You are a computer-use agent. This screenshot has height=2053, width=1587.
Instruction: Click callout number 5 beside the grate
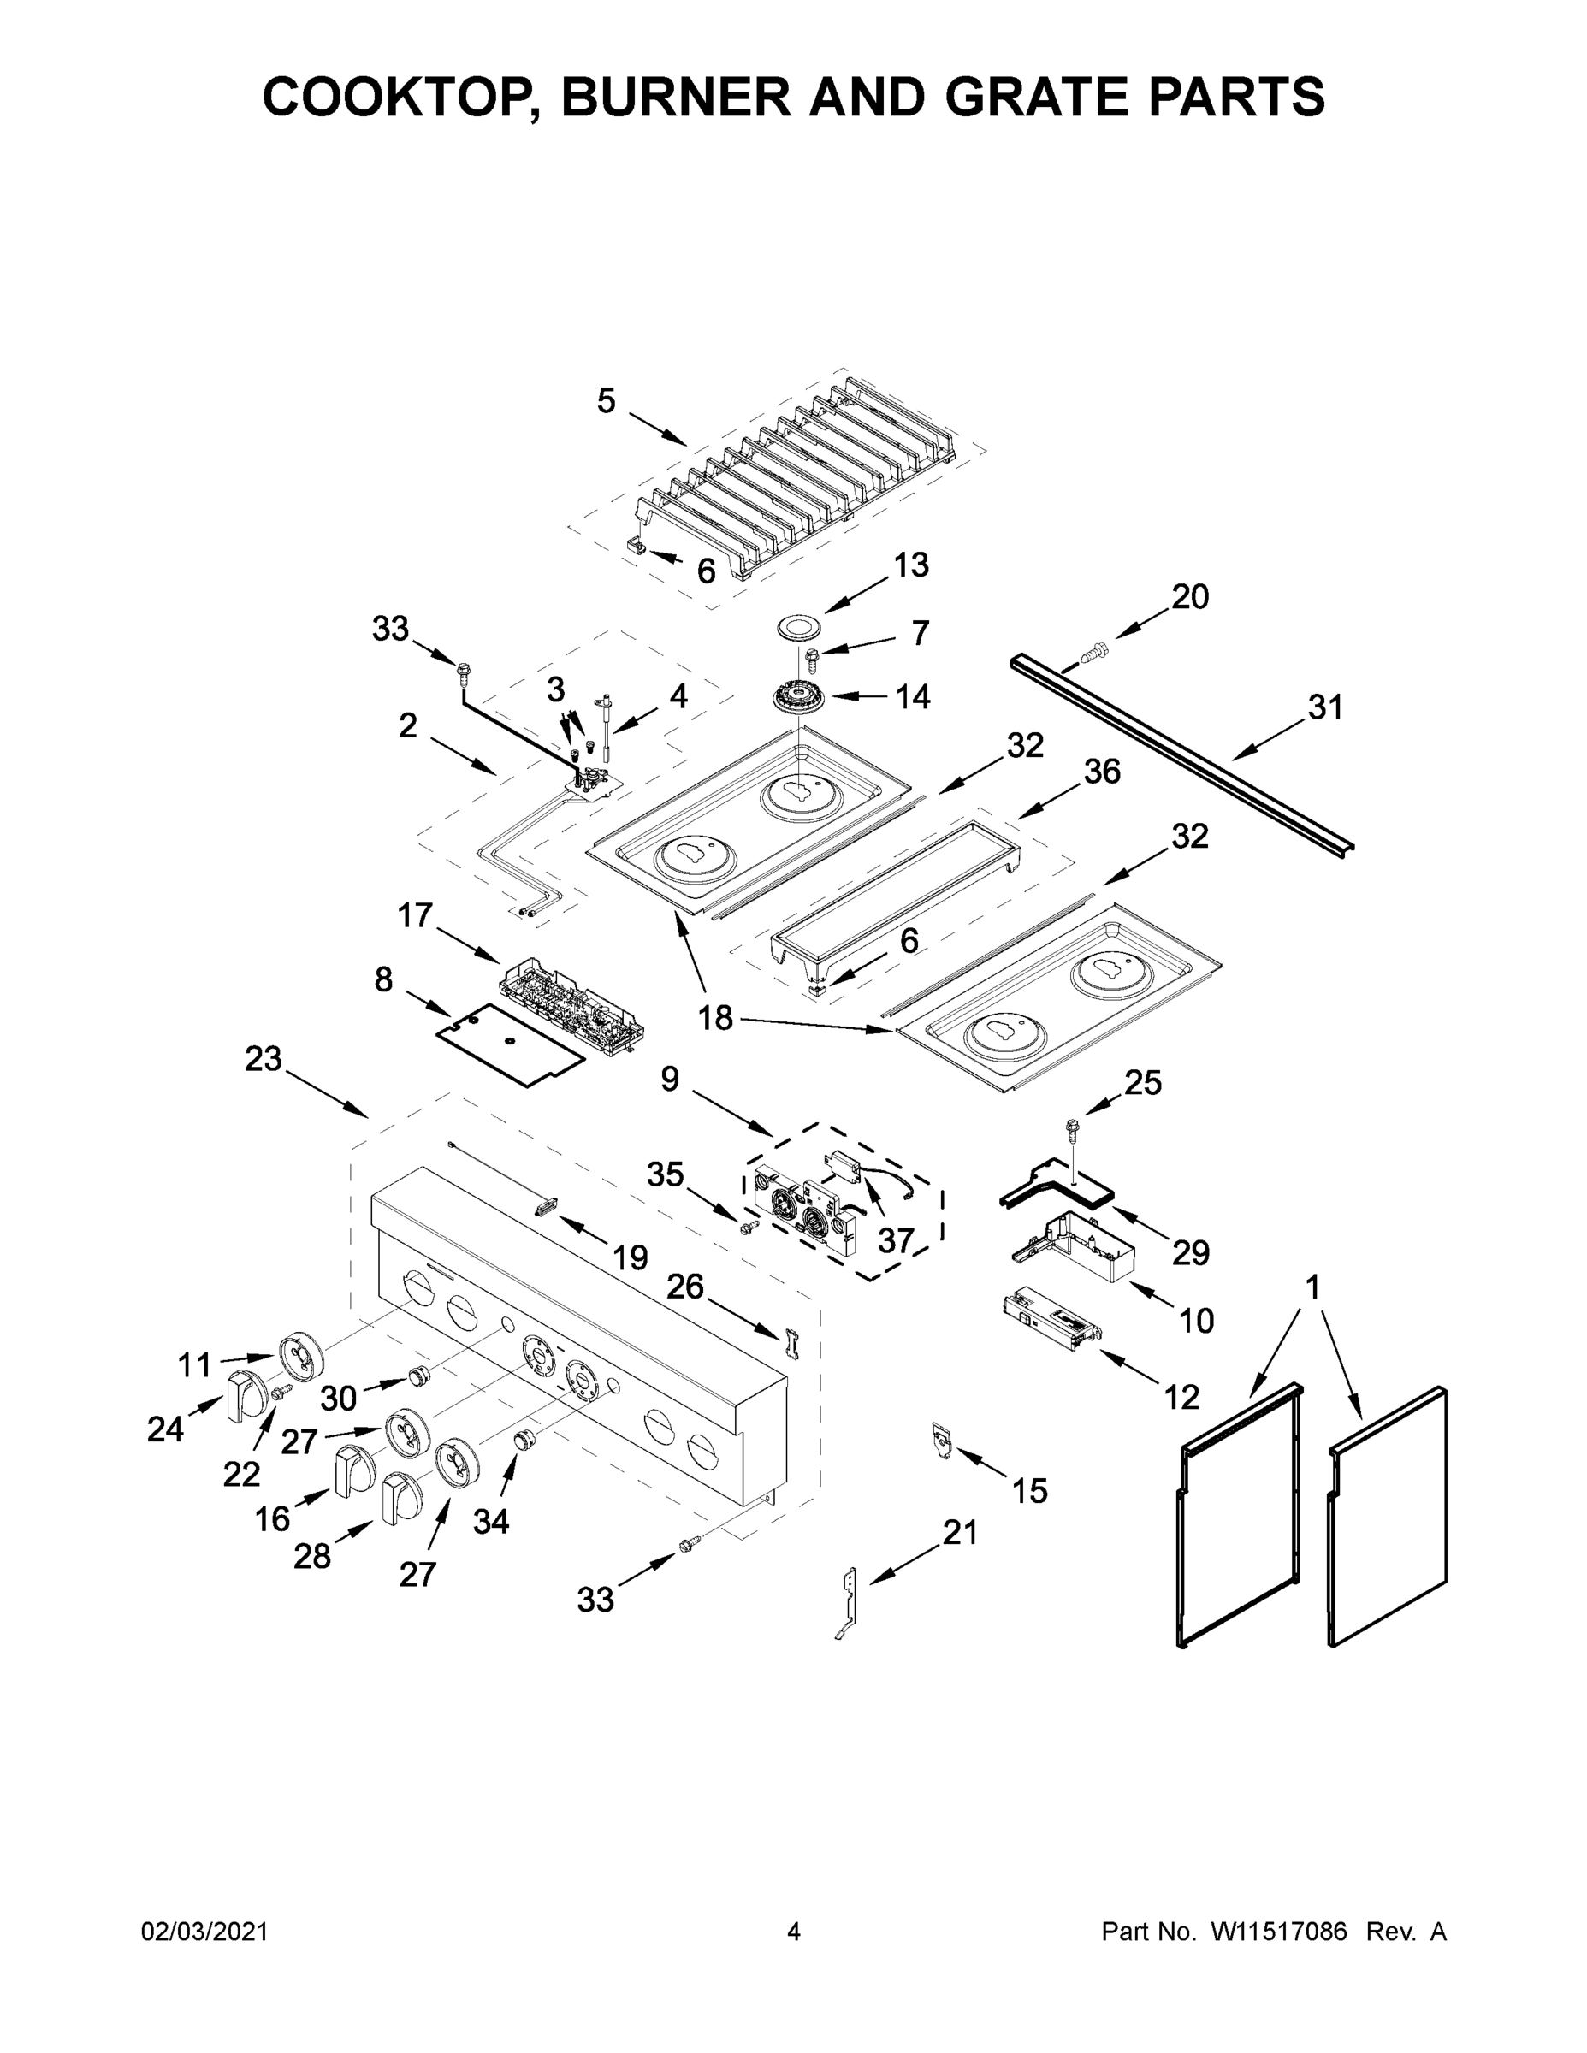[x=607, y=401]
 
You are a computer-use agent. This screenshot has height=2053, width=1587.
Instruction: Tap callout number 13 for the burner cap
[x=911, y=564]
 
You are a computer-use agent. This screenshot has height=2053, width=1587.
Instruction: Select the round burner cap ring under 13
[x=799, y=628]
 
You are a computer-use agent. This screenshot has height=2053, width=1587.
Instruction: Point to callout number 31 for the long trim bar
[x=1324, y=707]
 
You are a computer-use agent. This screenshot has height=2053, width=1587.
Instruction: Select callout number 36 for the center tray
[x=1102, y=771]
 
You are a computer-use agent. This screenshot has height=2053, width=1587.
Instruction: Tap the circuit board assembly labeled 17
[x=571, y=1008]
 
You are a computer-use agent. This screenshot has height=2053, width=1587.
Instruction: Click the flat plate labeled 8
[x=510, y=1045]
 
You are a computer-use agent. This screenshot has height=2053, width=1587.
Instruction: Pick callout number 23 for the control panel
[x=264, y=1058]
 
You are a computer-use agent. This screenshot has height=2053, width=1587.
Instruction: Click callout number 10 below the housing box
[x=1196, y=1321]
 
